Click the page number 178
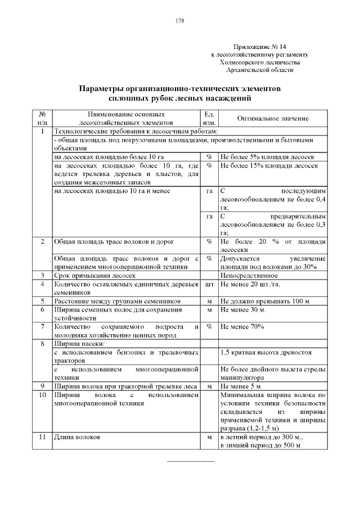tap(180, 21)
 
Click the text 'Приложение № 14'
tap(259, 47)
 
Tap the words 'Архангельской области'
tap(259, 70)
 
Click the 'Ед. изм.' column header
tap(209, 118)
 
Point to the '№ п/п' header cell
tap(42, 118)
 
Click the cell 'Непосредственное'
tap(249, 276)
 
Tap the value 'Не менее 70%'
tap(242, 327)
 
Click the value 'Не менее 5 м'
tap(241, 386)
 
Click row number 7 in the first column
tap(42, 327)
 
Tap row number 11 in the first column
tap(42, 438)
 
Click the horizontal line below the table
tap(191, 462)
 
